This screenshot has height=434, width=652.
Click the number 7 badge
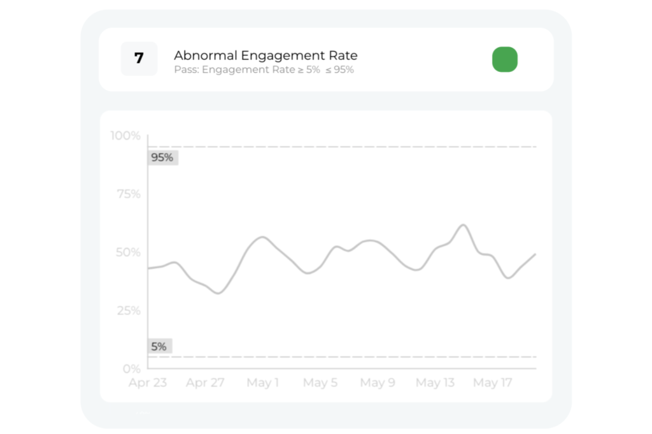[x=139, y=59]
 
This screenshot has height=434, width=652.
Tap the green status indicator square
[x=505, y=59]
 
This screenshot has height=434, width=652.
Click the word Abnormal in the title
[x=202, y=55]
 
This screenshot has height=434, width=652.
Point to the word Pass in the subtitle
[x=185, y=69]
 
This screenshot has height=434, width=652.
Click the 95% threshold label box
[x=162, y=157]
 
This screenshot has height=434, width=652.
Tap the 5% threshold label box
[x=159, y=347]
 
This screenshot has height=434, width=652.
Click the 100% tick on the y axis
[x=125, y=136]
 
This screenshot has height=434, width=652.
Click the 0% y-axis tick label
[x=131, y=368]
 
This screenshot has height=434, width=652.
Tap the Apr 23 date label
[x=147, y=383]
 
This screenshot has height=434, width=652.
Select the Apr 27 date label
[x=205, y=383]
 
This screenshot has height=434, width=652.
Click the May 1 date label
[x=263, y=383]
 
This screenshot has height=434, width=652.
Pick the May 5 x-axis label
[x=320, y=383]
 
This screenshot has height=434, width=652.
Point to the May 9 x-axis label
[x=378, y=383]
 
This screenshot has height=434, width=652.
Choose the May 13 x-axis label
[x=436, y=383]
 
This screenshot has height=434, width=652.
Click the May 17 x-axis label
[x=493, y=383]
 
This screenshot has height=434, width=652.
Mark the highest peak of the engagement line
[x=463, y=225]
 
